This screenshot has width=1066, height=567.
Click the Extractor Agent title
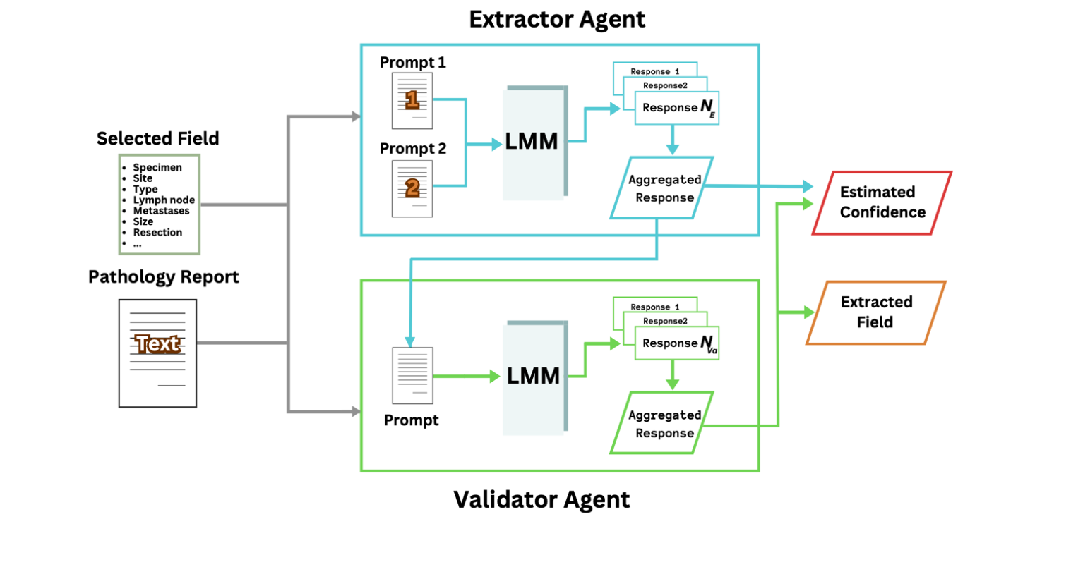(x=557, y=20)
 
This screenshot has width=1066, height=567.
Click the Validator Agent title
(x=541, y=499)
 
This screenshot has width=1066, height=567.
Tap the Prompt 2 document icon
(x=413, y=188)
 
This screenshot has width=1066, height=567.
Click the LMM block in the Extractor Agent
(x=534, y=142)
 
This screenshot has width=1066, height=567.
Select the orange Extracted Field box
(x=876, y=312)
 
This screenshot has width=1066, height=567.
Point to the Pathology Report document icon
(x=157, y=353)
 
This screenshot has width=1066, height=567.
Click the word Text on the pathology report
(x=157, y=344)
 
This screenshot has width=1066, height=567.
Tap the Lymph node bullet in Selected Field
(x=164, y=200)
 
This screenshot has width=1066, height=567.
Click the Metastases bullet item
(x=161, y=211)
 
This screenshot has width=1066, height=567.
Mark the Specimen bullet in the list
(x=157, y=168)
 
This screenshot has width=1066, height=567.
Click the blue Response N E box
(x=677, y=109)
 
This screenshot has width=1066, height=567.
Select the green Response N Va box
(x=676, y=343)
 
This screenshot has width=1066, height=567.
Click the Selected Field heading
(x=158, y=138)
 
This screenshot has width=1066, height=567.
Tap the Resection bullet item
(x=157, y=232)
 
